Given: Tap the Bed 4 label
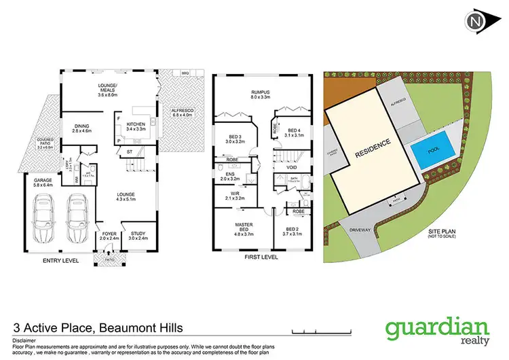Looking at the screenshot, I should [x=294, y=133].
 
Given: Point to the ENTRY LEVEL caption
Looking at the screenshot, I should [x=60, y=260].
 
